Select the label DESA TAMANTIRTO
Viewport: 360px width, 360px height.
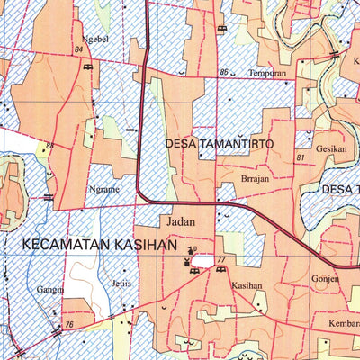pos(219,143)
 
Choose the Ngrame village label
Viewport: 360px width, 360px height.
pos(104,190)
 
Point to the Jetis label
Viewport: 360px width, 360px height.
pos(121,283)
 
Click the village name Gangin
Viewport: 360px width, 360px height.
pos(50,291)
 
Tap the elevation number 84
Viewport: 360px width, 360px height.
pos(79,50)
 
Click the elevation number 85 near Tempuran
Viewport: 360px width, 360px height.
pos(223,72)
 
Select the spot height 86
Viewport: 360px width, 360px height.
pos(49,146)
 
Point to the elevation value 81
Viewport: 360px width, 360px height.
pos(300,158)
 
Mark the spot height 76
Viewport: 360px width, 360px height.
pos(68,324)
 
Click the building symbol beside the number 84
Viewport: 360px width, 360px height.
pos(86,67)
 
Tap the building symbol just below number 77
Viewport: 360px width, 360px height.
pos(220,269)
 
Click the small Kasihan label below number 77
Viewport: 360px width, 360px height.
pos(246,285)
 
